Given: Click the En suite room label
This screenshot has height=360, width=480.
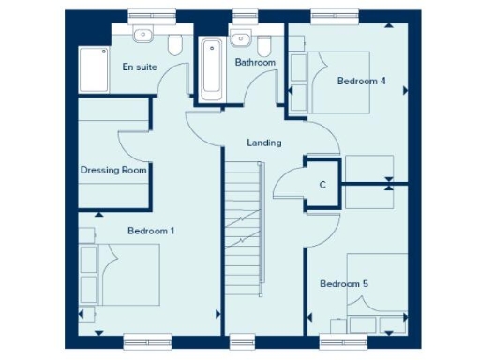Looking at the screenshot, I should (141, 67).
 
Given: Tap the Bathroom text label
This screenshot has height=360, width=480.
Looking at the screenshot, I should (255, 63).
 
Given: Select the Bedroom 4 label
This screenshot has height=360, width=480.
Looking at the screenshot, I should (362, 81).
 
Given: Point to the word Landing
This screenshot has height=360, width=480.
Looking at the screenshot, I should (263, 142).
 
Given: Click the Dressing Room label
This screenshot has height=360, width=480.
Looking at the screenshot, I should (114, 170).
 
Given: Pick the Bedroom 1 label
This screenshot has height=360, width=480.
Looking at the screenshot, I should (151, 230).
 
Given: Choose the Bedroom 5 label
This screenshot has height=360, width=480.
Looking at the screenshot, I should (343, 284).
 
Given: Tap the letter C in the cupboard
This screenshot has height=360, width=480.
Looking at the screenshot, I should (322, 185).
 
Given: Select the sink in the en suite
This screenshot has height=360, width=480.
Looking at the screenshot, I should (142, 37).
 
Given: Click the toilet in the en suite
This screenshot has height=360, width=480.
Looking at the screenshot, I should (174, 45).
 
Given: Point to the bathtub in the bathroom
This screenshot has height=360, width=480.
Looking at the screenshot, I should (212, 68).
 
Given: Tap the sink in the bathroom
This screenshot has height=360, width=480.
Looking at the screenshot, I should (241, 38).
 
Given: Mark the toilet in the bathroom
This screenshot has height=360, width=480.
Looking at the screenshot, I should (264, 45).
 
